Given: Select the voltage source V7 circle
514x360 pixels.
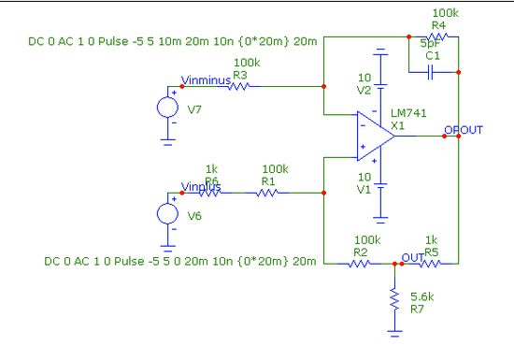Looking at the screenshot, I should click(x=168, y=106).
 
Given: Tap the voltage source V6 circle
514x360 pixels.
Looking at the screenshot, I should click(x=168, y=213).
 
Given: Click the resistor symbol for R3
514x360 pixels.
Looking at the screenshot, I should click(x=240, y=86).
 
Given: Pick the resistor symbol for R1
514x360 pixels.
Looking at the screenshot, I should click(x=268, y=194).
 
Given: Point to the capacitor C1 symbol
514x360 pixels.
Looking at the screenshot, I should click(x=433, y=69).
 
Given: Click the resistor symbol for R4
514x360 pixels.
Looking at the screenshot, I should click(x=438, y=37).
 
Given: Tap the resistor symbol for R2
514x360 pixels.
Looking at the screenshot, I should click(x=360, y=264).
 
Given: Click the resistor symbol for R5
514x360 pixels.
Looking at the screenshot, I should click(x=431, y=264).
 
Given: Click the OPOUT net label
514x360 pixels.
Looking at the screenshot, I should click(x=464, y=129).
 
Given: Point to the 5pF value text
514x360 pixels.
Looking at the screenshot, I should click(x=431, y=44).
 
